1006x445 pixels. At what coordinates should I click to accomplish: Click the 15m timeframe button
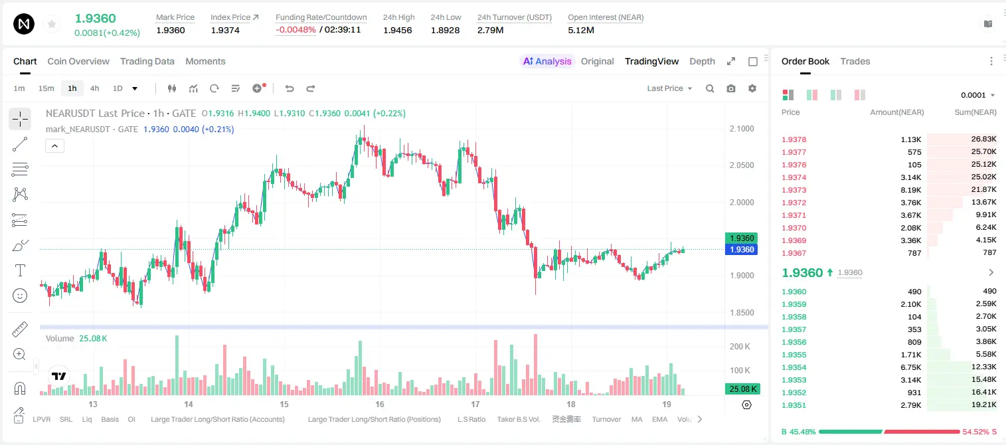click(x=46, y=88)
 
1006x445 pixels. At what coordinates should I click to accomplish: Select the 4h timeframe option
click(x=94, y=88)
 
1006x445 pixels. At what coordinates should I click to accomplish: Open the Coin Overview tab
click(x=78, y=61)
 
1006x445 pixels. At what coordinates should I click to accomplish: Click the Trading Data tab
click(x=147, y=61)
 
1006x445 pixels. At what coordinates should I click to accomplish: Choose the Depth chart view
click(x=702, y=61)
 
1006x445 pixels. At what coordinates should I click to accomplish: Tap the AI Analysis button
click(x=547, y=61)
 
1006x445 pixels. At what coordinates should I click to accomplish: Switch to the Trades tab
click(x=855, y=61)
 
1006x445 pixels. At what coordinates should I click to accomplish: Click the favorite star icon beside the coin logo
click(x=52, y=24)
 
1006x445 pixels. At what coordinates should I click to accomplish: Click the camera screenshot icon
click(x=731, y=88)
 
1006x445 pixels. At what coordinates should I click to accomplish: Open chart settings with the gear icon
click(x=752, y=88)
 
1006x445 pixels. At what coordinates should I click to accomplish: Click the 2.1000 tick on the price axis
click(x=742, y=129)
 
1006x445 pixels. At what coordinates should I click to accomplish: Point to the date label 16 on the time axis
click(x=380, y=404)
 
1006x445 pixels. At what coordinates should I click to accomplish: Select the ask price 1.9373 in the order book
click(x=794, y=190)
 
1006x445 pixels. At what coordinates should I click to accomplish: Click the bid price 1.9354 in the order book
click(x=794, y=367)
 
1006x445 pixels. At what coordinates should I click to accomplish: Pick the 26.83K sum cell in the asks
click(x=983, y=139)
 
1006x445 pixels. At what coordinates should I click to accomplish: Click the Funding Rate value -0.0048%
click(x=295, y=30)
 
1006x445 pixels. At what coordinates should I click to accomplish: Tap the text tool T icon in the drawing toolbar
click(x=20, y=270)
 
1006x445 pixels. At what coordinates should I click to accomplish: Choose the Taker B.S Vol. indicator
click(x=518, y=419)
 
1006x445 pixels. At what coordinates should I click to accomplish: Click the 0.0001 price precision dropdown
click(x=977, y=95)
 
